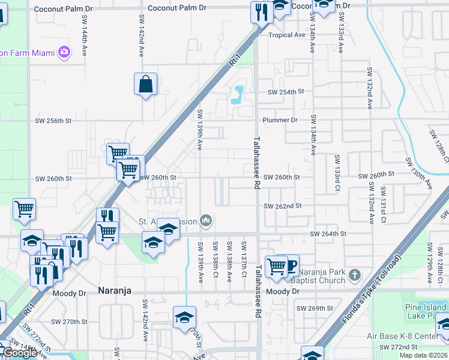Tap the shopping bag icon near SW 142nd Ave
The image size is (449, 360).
pyautogui.click(x=146, y=85)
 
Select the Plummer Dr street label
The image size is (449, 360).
pyautogui.click(x=282, y=120)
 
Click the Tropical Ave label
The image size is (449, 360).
pyautogui.click(x=287, y=35)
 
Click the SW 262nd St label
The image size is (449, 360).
pyautogui.click(x=283, y=206)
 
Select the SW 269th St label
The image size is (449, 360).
pyautogui.click(x=315, y=308)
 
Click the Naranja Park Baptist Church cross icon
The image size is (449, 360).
pyautogui.click(x=355, y=276)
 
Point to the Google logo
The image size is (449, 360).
pyautogui.click(x=20, y=353)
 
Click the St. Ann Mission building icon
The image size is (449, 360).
pyautogui.click(x=206, y=221)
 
